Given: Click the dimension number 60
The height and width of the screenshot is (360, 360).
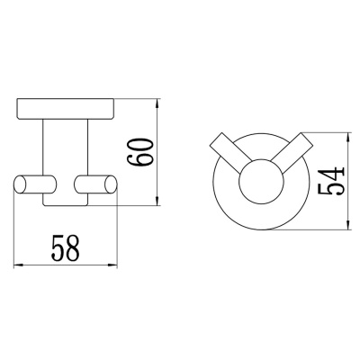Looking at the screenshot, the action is coord(140,151).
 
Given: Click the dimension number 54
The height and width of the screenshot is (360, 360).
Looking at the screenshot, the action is coord(330,181).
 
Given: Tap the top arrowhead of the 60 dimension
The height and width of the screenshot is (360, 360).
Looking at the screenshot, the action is coord(157,105).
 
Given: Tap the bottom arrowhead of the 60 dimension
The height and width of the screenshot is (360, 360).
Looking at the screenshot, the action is coord(157,199).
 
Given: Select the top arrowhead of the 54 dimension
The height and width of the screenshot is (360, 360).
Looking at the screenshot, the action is coord(348,139).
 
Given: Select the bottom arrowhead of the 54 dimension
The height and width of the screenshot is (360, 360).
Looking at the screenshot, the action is coord(348,223).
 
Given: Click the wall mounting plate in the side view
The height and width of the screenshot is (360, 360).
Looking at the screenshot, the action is coord(66,108).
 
